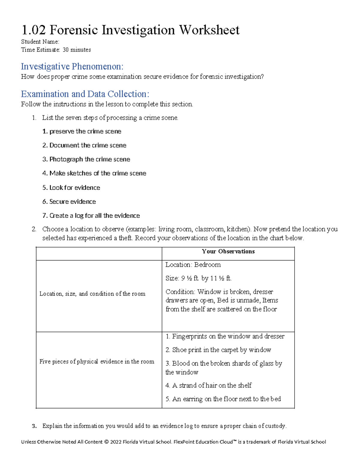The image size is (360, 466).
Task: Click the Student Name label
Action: pos(40,42)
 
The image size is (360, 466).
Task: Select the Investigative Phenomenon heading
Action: pos(72,66)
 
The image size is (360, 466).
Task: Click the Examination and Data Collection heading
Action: pos(85,94)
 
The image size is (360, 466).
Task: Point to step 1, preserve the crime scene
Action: pos(82,131)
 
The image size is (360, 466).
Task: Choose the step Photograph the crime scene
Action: pos(86,159)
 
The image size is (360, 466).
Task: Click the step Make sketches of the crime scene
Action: pos(94,173)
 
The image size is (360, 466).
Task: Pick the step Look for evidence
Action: pos(71,188)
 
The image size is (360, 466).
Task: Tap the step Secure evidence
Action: pos(69,202)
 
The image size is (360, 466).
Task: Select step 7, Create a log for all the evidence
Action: pos(91,216)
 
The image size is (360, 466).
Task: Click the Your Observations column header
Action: pos(228,251)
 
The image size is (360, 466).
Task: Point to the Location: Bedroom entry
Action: pos(193,265)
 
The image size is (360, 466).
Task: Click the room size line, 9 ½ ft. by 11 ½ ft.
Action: pos(198,278)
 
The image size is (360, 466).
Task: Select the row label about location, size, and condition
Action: pos(92,294)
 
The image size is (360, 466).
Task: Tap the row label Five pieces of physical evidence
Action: pos(97,362)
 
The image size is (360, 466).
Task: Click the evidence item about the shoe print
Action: pos(218,350)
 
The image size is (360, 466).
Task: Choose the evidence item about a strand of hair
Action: pos(208,385)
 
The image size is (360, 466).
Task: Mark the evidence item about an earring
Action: pos(223,399)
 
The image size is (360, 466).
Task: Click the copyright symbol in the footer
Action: pos(106,442)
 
